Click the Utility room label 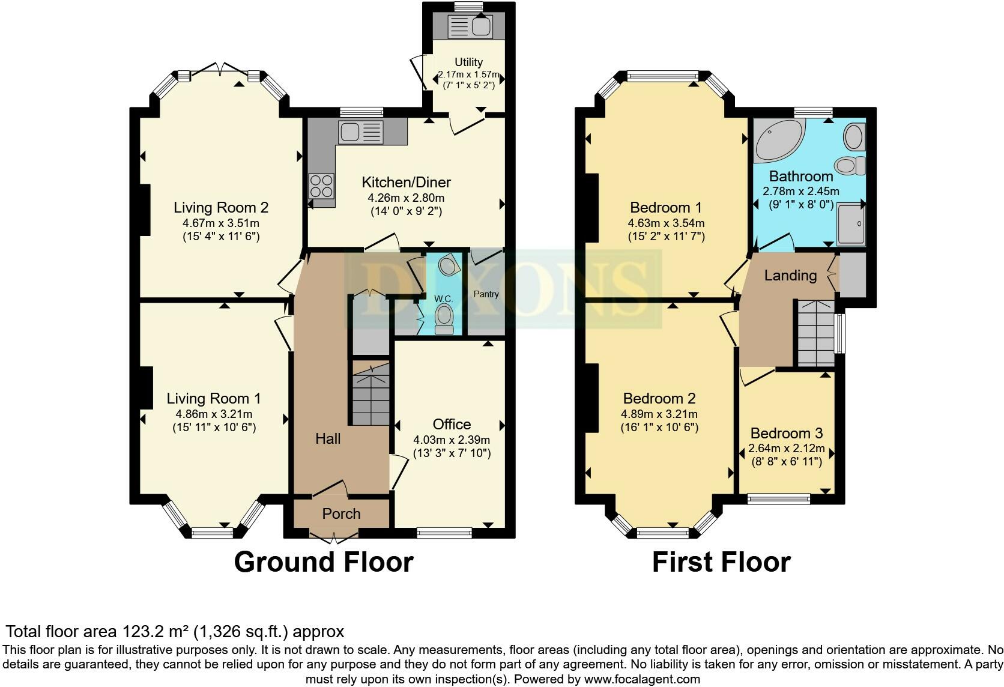click(x=468, y=62)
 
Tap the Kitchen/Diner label click(x=406, y=183)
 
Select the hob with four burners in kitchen click(x=321, y=186)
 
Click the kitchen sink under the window click(x=361, y=132)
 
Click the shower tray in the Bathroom click(x=851, y=225)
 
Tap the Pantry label click(x=486, y=294)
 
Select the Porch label click(x=341, y=513)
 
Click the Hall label click(x=328, y=439)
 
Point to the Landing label click(x=790, y=275)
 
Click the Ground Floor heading click(x=324, y=562)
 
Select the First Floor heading click(x=721, y=562)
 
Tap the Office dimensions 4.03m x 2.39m click(x=452, y=440)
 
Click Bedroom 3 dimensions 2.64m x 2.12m click(x=787, y=448)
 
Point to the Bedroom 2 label click(x=659, y=398)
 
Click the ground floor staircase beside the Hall click(x=370, y=393)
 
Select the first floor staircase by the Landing click(x=816, y=333)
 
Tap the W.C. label click(x=443, y=299)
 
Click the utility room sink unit click(x=470, y=26)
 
